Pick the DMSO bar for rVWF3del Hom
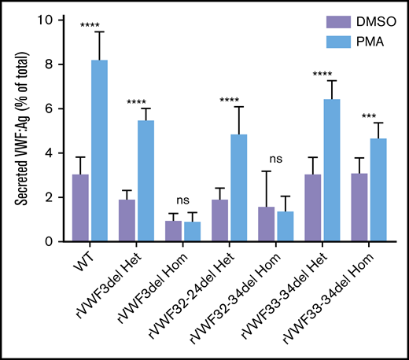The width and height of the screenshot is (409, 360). tap(172, 231)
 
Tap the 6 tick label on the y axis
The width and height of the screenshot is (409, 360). tap(49, 109)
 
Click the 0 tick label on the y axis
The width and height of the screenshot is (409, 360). tap(49, 242)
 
